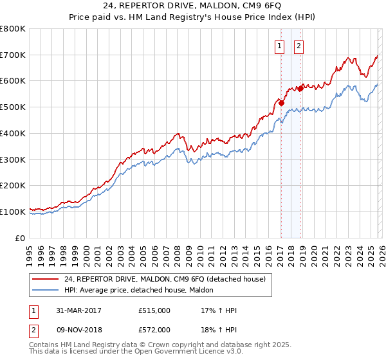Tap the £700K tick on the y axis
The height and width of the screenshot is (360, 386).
coord(13,55)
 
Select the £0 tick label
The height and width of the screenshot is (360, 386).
coord(21,238)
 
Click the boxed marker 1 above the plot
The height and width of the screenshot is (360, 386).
coord(280,46)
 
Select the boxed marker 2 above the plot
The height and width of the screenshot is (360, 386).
coord(300,46)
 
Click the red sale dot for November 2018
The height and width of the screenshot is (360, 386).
coord(300,88)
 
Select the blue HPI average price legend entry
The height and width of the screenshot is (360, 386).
coord(142,291)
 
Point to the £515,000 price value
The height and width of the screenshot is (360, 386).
coord(154,310)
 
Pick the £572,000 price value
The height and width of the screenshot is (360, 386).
coord(154,329)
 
